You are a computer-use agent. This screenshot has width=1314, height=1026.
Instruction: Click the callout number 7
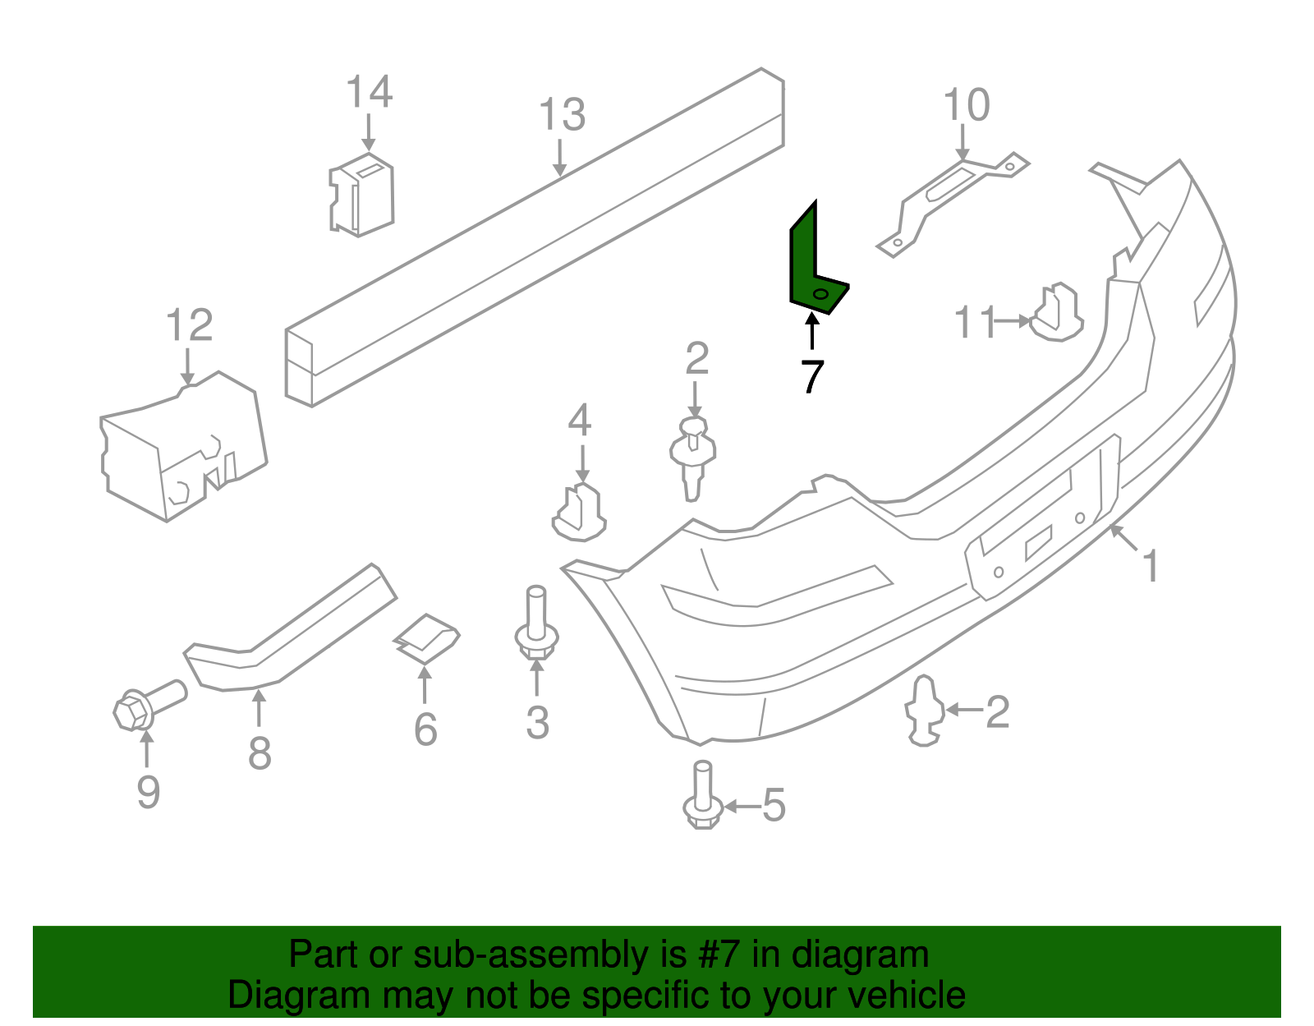click(811, 377)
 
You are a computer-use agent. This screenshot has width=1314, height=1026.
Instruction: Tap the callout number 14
click(369, 92)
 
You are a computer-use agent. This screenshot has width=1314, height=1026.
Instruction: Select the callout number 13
click(562, 115)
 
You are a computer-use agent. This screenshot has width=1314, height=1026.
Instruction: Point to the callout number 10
click(966, 105)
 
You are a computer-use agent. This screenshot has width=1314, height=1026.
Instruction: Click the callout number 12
click(189, 325)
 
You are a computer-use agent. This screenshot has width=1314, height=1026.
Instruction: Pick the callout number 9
click(148, 792)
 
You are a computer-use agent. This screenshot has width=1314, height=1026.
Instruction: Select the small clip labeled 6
click(426, 638)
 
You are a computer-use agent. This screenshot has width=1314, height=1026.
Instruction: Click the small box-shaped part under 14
click(362, 195)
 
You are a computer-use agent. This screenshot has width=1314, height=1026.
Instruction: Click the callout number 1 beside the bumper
click(1151, 567)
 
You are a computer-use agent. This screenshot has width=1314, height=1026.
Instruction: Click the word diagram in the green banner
click(860, 955)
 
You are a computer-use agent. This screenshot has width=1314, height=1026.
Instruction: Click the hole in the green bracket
click(820, 295)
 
